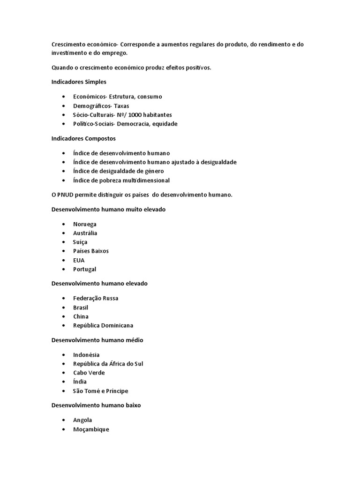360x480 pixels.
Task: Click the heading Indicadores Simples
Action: click(x=79, y=82)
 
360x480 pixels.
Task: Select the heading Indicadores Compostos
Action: click(x=83, y=139)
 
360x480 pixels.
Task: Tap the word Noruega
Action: click(x=85, y=224)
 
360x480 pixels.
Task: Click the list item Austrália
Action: click(x=85, y=233)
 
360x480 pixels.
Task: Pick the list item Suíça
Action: click(x=80, y=242)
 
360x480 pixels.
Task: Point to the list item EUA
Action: click(x=79, y=260)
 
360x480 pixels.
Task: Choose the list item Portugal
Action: click(x=85, y=269)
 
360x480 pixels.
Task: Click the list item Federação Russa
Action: click(x=96, y=298)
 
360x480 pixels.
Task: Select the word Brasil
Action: click(x=81, y=307)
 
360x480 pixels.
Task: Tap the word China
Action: click(x=81, y=316)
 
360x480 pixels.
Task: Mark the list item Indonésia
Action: click(x=86, y=355)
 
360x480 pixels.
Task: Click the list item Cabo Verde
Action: click(x=89, y=373)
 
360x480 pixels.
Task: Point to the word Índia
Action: click(x=80, y=382)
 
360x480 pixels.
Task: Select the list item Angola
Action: click(x=82, y=420)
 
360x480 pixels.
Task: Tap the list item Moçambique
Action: click(x=91, y=429)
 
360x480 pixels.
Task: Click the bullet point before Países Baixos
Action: click(x=63, y=251)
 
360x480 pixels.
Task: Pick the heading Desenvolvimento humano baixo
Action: click(x=96, y=405)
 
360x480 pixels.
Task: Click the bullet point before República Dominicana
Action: click(x=63, y=326)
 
